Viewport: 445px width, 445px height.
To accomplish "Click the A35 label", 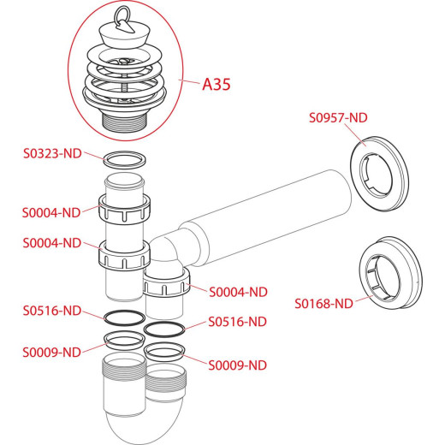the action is coord(217,85).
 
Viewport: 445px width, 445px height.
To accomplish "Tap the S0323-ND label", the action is coord(52,153).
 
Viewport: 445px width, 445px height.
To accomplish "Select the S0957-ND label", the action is coord(338,117).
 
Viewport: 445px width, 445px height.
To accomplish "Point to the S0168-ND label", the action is coord(323,304).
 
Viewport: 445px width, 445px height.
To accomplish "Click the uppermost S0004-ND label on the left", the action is coord(51,213).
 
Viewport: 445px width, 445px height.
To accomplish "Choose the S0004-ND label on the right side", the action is coord(238,292).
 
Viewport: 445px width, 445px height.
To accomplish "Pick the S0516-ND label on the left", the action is coord(52,311).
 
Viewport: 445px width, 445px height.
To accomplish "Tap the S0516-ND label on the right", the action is coord(238,322).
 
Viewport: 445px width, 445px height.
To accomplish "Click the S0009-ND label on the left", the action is coord(52,353).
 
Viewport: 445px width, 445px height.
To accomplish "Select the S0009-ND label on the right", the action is coord(238,365).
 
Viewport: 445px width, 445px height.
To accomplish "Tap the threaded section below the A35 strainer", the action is coord(125,122).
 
